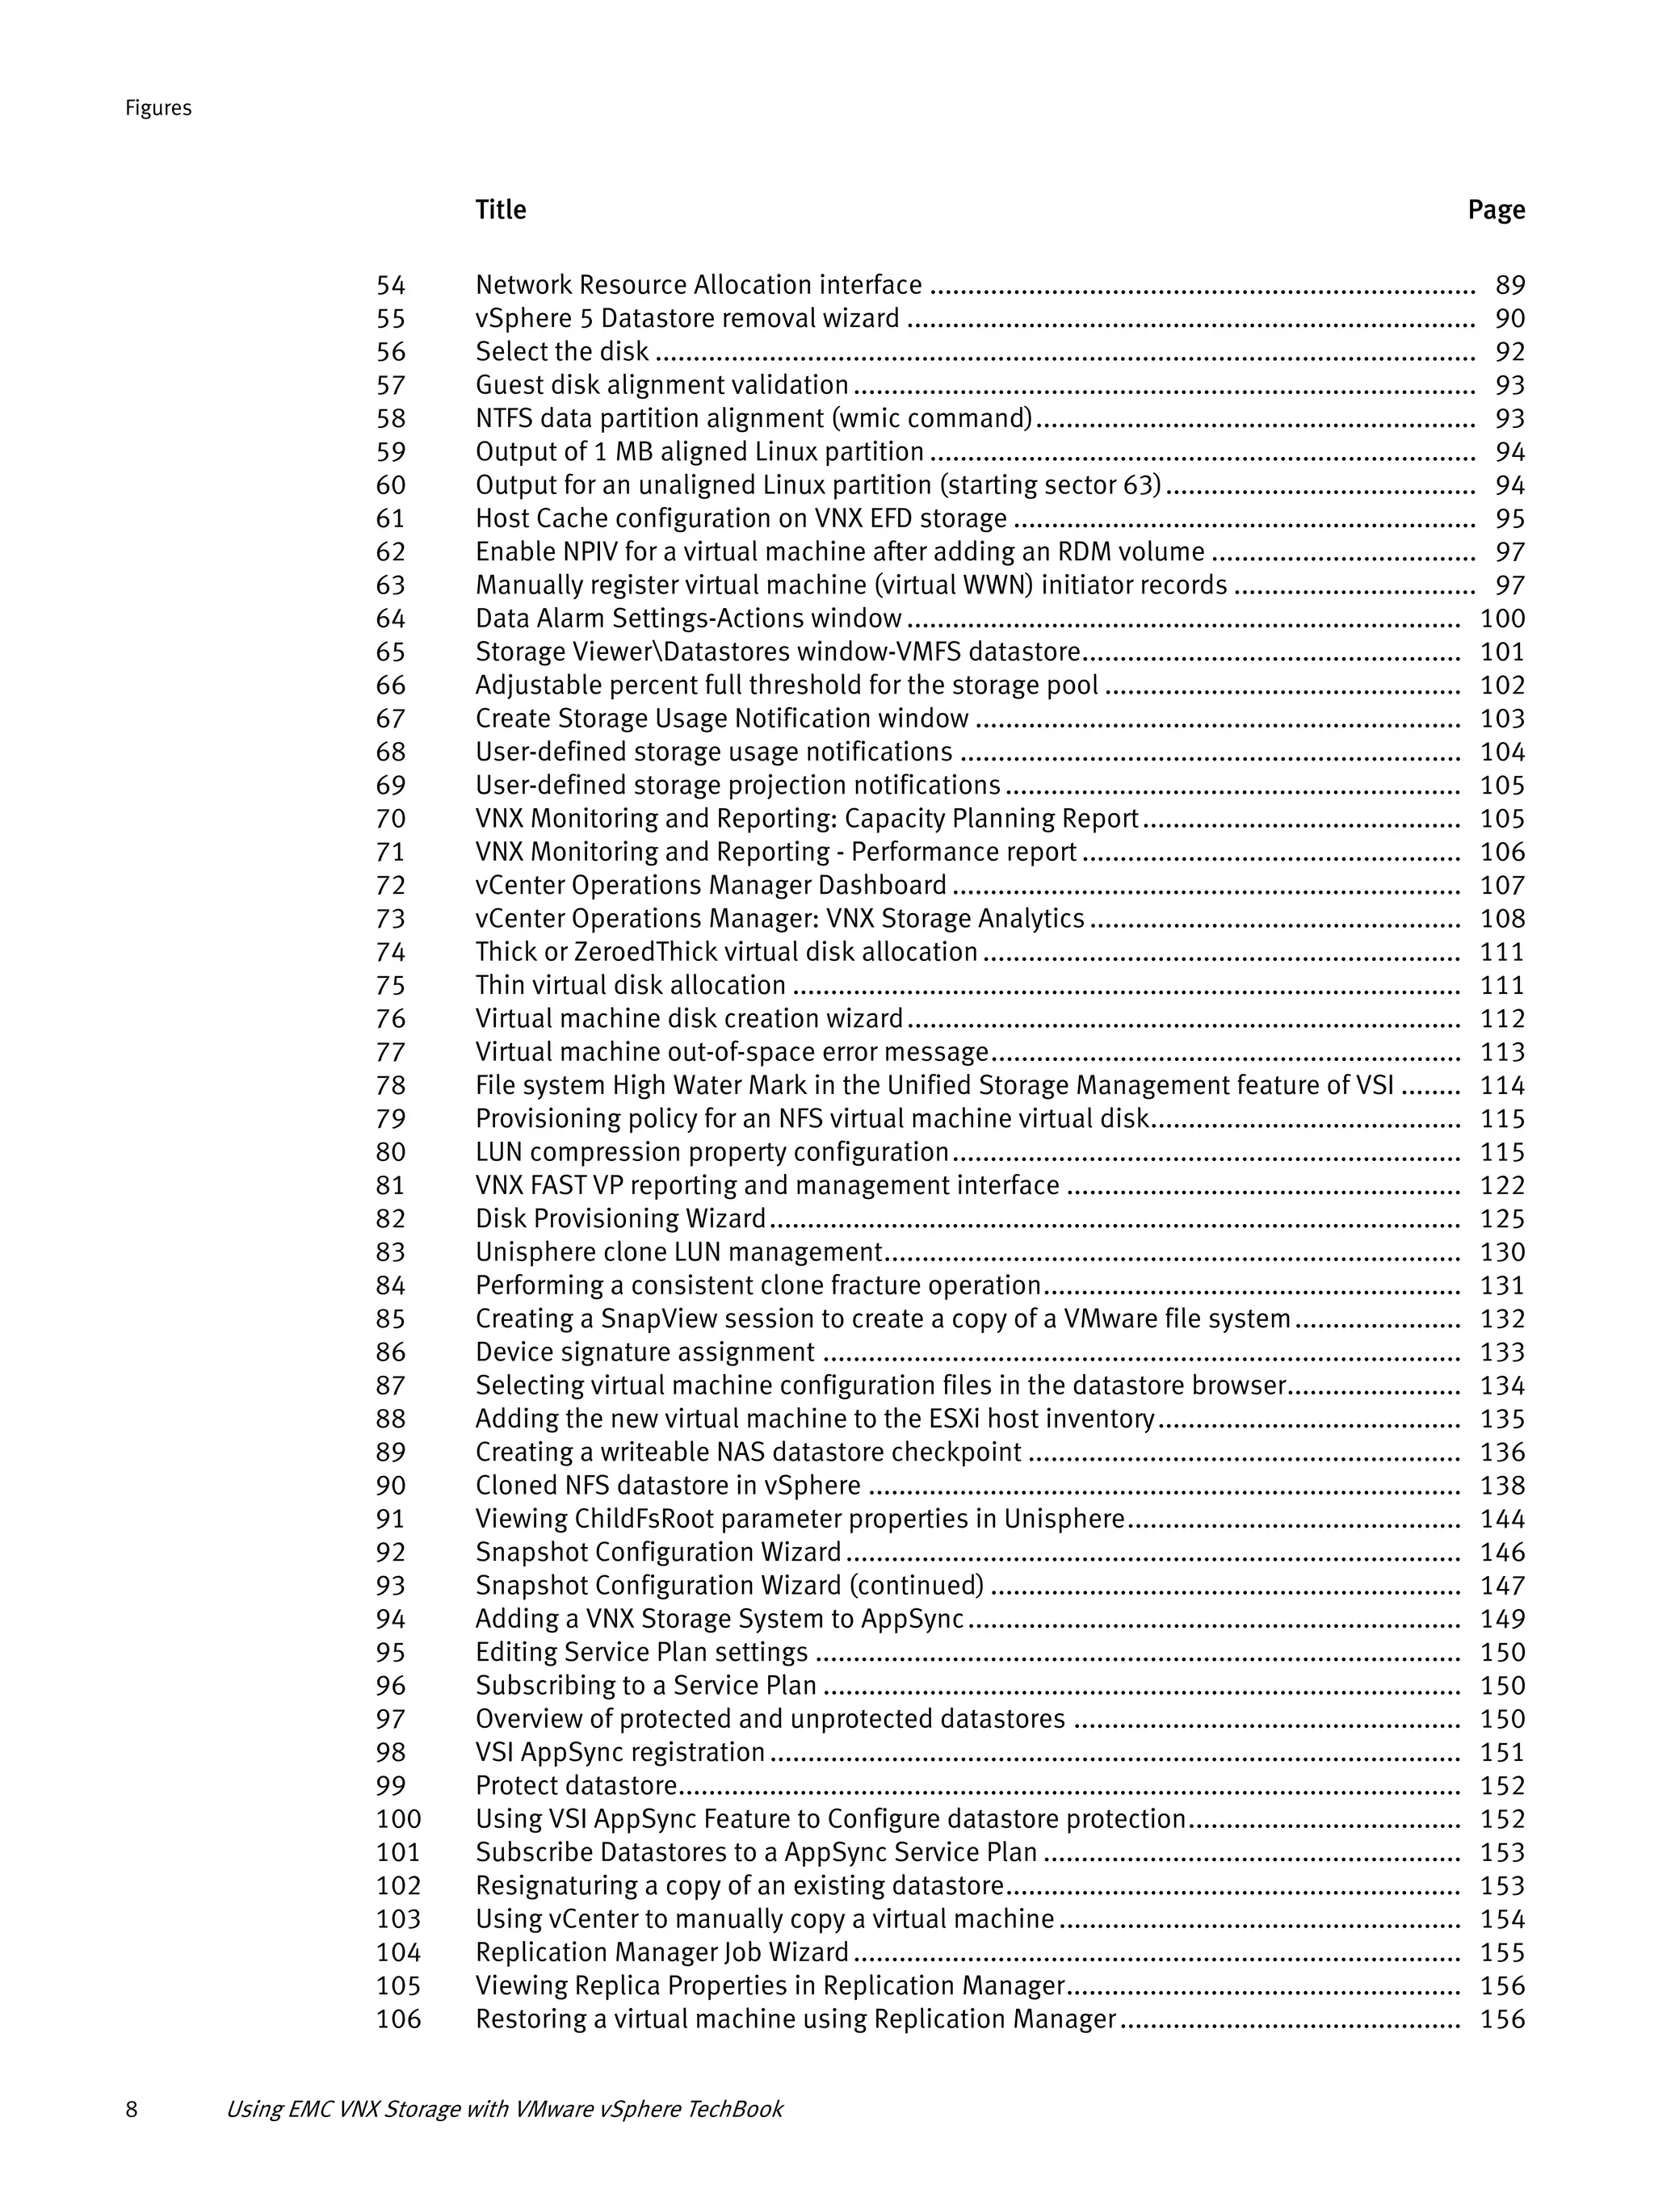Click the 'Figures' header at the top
pyautogui.click(x=158, y=108)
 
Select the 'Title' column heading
pyautogui.click(x=501, y=210)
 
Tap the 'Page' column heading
pyautogui.click(x=1496, y=210)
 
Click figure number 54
pyautogui.click(x=391, y=286)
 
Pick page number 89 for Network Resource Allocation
pyautogui.click(x=1509, y=286)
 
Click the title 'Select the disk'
pyautogui.click(x=562, y=352)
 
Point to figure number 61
pyautogui.click(x=391, y=518)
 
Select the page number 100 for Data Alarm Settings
pyautogui.click(x=1501, y=619)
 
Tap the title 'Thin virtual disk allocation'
pyautogui.click(x=631, y=985)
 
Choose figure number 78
pyautogui.click(x=391, y=1086)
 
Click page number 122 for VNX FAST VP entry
pyautogui.click(x=1501, y=1186)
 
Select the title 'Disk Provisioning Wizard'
pyautogui.click(x=621, y=1219)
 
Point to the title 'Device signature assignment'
pyautogui.click(x=644, y=1352)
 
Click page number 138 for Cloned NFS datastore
pyautogui.click(x=1501, y=1486)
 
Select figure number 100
pyautogui.click(x=399, y=1819)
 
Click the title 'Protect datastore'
pyautogui.click(x=576, y=1786)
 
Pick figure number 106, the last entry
pyautogui.click(x=399, y=2019)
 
